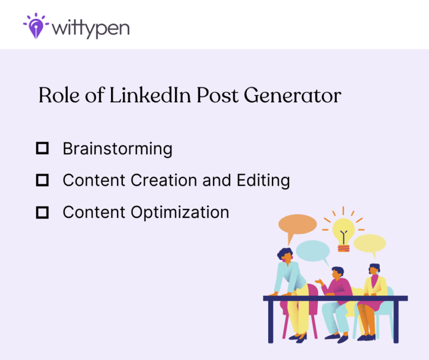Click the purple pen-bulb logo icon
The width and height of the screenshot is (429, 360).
[35, 25]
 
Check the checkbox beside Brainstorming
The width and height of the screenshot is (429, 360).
[42, 148]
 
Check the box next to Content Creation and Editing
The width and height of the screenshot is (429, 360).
[42, 180]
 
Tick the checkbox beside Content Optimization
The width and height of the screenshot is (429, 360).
[42, 212]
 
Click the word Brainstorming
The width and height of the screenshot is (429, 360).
[117, 149]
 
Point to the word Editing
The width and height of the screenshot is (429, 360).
[263, 181]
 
